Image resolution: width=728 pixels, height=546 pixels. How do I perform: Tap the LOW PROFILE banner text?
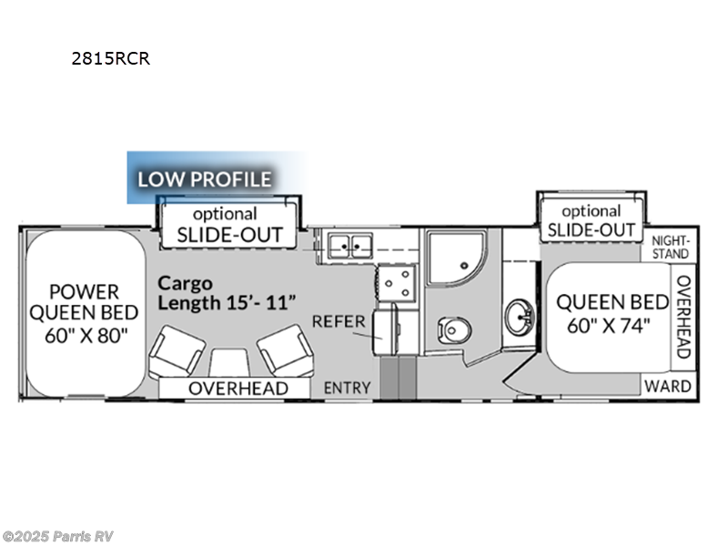pos(204,178)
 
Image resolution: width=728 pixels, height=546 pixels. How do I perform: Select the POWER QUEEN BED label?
pos(84,302)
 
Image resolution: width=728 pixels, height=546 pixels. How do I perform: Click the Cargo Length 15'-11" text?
pos(227,293)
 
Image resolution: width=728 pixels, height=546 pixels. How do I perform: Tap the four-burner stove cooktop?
pos(397,283)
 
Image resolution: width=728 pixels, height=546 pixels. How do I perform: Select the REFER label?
pos(339,321)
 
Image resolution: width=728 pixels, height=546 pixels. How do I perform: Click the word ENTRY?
pos(348,388)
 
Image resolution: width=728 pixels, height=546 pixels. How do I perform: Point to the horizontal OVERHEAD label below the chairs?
pos(238,389)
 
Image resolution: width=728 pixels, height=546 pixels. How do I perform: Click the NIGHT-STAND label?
pos(671,248)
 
